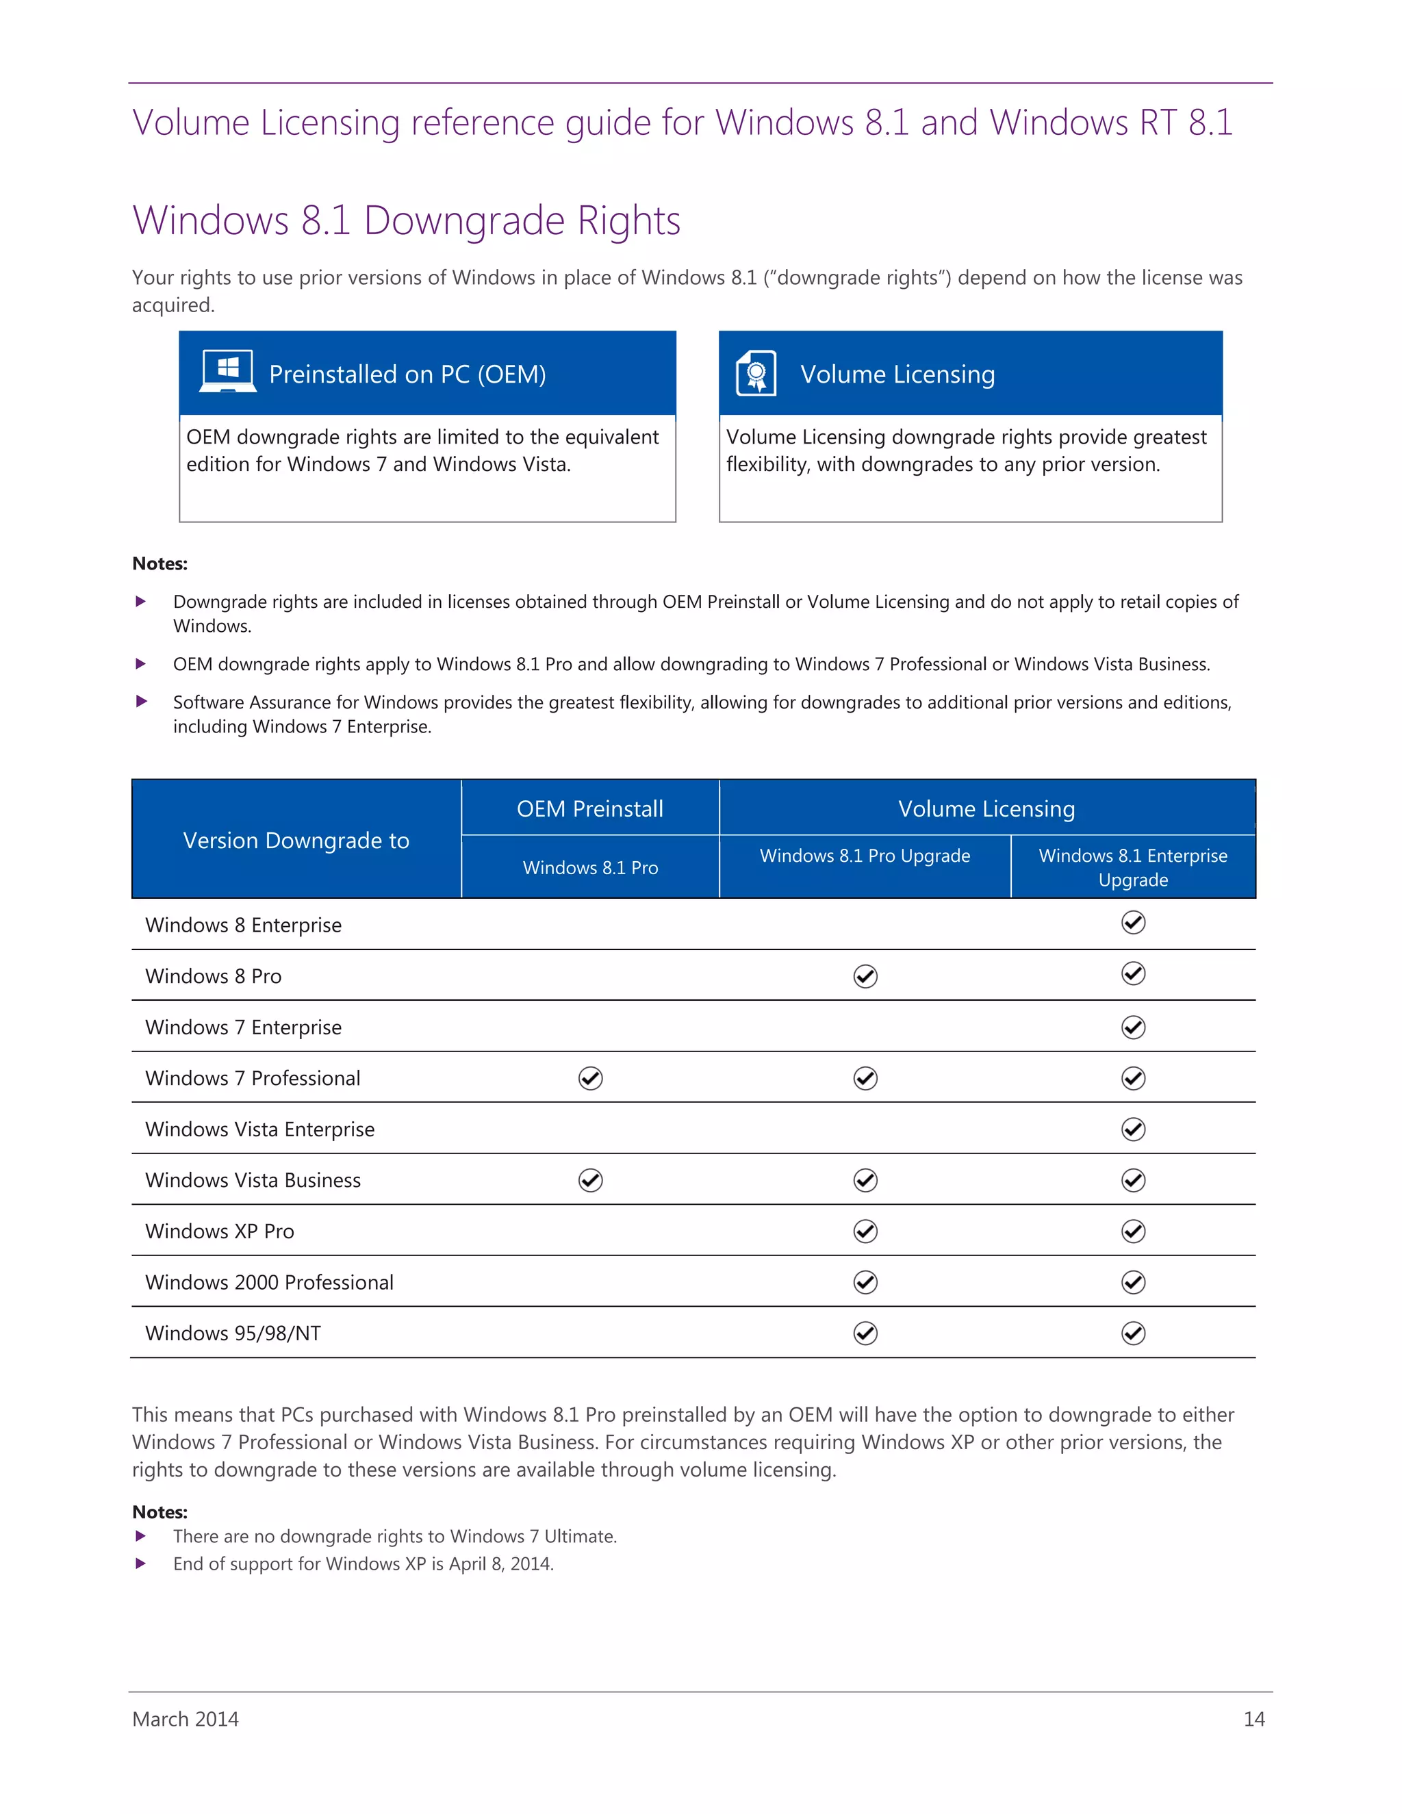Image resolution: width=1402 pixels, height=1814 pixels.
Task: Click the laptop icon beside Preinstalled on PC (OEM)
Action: [227, 371]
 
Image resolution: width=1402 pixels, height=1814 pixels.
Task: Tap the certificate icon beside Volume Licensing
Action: [756, 373]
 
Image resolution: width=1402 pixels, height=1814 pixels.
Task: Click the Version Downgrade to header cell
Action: [296, 840]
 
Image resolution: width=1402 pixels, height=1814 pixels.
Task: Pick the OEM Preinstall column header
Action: [589, 808]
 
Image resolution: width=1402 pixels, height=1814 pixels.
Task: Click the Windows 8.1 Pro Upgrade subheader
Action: [865, 856]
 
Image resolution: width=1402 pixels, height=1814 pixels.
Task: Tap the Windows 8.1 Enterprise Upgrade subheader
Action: [1132, 867]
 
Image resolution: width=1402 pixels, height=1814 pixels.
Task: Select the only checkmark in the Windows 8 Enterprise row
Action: [1133, 922]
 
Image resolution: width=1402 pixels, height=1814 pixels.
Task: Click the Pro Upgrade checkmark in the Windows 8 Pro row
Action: [865, 976]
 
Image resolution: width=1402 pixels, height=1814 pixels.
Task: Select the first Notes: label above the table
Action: [160, 563]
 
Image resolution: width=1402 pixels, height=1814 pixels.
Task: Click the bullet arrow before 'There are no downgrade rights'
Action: [141, 1536]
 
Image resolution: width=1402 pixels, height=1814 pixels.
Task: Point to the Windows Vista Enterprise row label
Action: [259, 1129]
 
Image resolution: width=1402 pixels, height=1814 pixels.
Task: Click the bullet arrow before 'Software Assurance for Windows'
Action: [141, 701]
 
